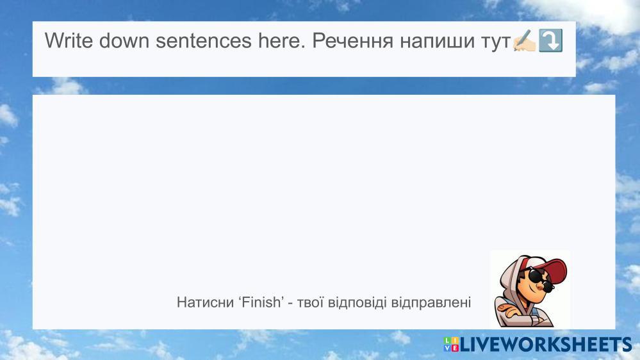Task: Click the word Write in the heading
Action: pos(69,40)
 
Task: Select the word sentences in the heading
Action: pos(203,40)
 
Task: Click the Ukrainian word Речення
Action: pos(352,40)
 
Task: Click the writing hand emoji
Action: pos(524,40)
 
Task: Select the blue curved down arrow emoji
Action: pos(550,40)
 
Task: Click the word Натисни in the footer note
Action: pos(205,302)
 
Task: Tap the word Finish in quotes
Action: pos(261,302)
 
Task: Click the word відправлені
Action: pos(431,302)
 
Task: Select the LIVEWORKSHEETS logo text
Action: pos(546,345)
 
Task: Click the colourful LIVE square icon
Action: pos(451,345)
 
